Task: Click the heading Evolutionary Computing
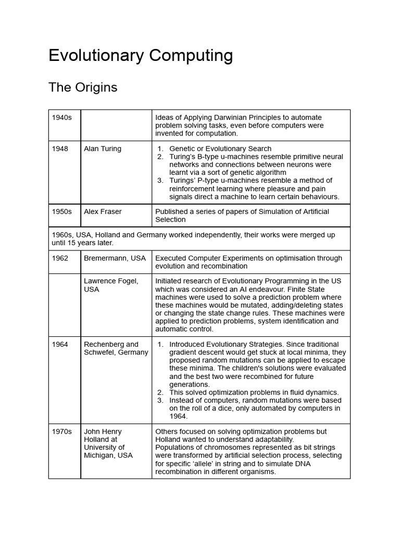point(141,56)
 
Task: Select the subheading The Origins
point(83,87)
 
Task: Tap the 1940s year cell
point(61,118)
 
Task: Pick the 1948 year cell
point(60,149)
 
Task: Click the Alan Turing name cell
point(103,149)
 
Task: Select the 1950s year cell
point(61,212)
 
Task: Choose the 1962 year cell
point(60,258)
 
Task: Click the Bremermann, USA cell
point(115,258)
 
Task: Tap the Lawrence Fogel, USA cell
point(111,285)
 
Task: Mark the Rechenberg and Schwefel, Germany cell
point(116,348)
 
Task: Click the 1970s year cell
point(61,432)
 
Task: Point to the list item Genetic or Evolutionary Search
point(220,149)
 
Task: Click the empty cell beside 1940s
point(116,125)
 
